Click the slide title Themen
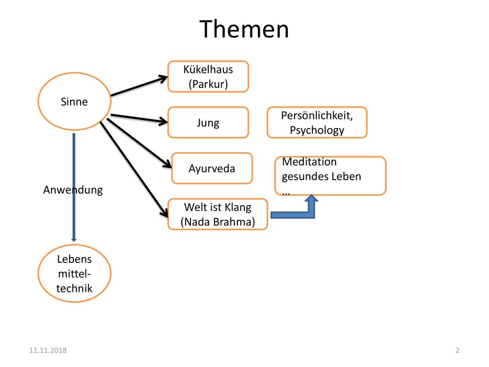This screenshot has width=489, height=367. click(244, 29)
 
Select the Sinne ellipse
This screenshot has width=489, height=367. click(74, 101)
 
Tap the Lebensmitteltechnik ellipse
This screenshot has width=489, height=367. click(74, 273)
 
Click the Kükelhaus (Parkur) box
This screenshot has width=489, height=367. click(208, 76)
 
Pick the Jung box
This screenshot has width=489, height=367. click(208, 122)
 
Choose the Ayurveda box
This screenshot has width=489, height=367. click(212, 168)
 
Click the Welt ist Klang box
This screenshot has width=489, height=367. click(218, 214)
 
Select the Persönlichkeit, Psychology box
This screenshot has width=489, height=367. click(317, 122)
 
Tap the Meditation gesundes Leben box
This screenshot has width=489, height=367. click(330, 176)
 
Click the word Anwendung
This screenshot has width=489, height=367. click(73, 190)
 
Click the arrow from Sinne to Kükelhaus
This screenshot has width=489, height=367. click(139, 86)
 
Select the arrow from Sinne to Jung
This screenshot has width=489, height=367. click(139, 119)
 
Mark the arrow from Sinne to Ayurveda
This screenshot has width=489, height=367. click(139, 143)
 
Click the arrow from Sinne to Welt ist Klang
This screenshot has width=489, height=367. click(134, 170)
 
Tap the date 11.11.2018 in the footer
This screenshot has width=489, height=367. click(48, 350)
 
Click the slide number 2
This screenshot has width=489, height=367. click(457, 350)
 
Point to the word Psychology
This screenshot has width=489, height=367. click(317, 130)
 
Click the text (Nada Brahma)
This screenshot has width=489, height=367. click(218, 222)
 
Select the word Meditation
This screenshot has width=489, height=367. click(309, 162)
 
